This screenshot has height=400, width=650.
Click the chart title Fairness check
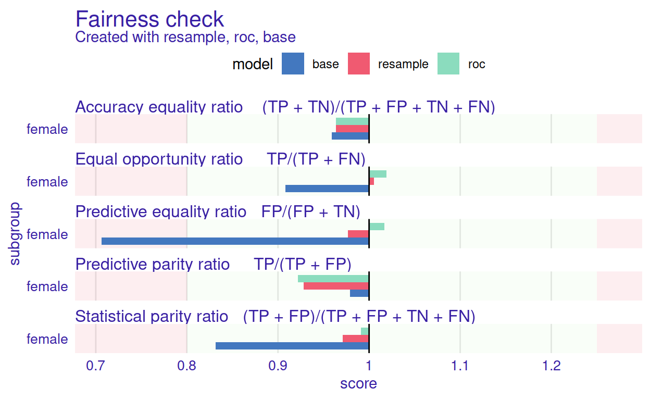click(x=149, y=19)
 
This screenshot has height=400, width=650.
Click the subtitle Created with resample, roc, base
click(x=185, y=37)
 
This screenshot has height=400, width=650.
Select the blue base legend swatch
click(x=293, y=64)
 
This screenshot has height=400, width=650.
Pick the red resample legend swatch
click(x=358, y=64)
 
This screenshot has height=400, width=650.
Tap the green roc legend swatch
click(x=448, y=64)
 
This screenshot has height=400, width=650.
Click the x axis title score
click(x=358, y=384)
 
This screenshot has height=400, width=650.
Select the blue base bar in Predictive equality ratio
click(x=235, y=241)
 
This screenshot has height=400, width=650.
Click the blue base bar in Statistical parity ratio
click(x=292, y=346)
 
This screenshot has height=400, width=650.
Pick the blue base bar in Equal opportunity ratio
click(x=327, y=189)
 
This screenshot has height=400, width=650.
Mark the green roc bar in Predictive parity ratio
click(x=333, y=279)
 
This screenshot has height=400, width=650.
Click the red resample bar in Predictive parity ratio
click(x=336, y=286)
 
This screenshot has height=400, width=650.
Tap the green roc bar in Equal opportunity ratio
click(x=378, y=174)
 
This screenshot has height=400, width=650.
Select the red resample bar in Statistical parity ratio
click(x=356, y=339)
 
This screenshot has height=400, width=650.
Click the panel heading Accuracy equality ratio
click(x=159, y=107)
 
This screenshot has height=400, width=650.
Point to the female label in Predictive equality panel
click(x=47, y=234)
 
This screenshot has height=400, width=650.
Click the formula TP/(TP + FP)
click(x=303, y=264)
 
